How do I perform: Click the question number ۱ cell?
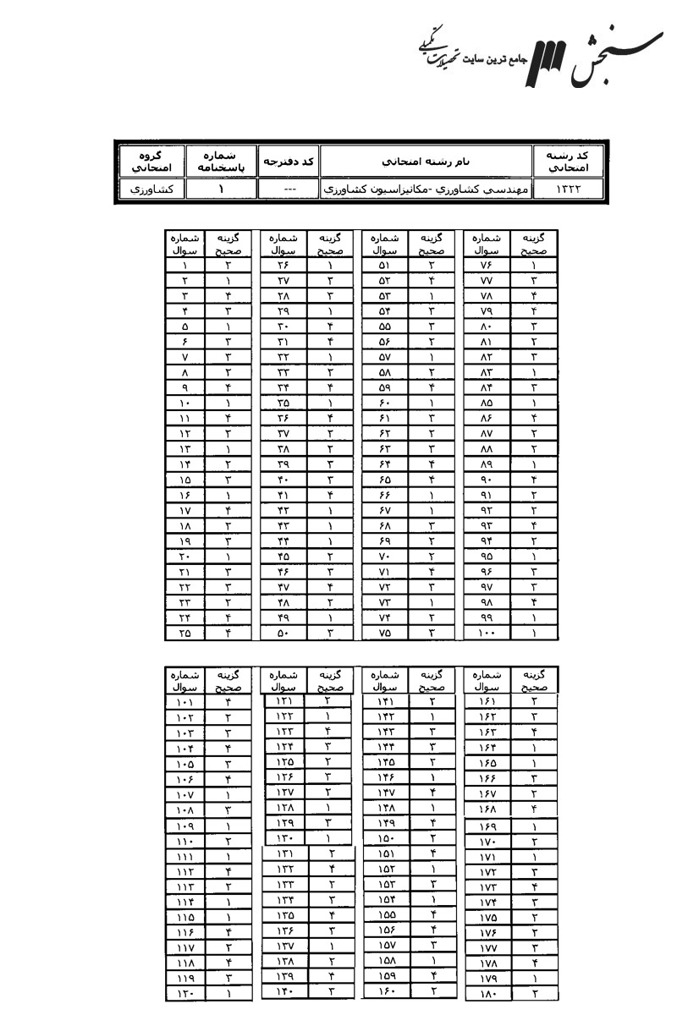point(184,265)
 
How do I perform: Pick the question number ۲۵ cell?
point(184,632)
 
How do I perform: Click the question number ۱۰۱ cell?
point(184,701)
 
